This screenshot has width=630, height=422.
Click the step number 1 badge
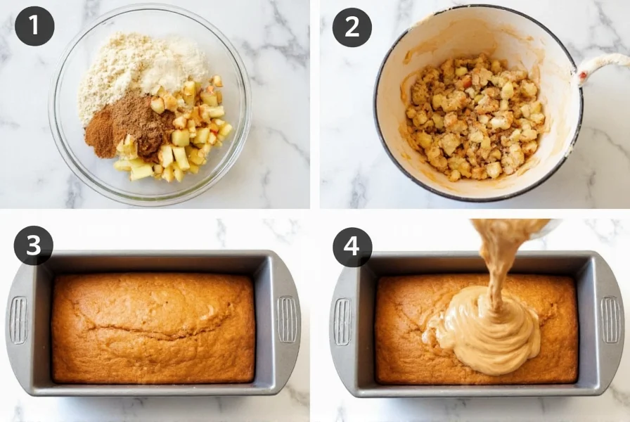(34, 26)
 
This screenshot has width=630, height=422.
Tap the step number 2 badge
(352, 27)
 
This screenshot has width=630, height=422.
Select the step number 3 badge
(34, 245)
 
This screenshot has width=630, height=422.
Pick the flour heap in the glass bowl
(134, 70)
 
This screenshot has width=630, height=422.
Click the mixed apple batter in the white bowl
(475, 116)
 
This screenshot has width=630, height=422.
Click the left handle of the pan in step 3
(18, 320)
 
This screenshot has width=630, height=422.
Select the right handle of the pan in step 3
(287, 320)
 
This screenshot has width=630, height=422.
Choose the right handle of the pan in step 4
(610, 320)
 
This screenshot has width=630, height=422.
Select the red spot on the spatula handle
(582, 73)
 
